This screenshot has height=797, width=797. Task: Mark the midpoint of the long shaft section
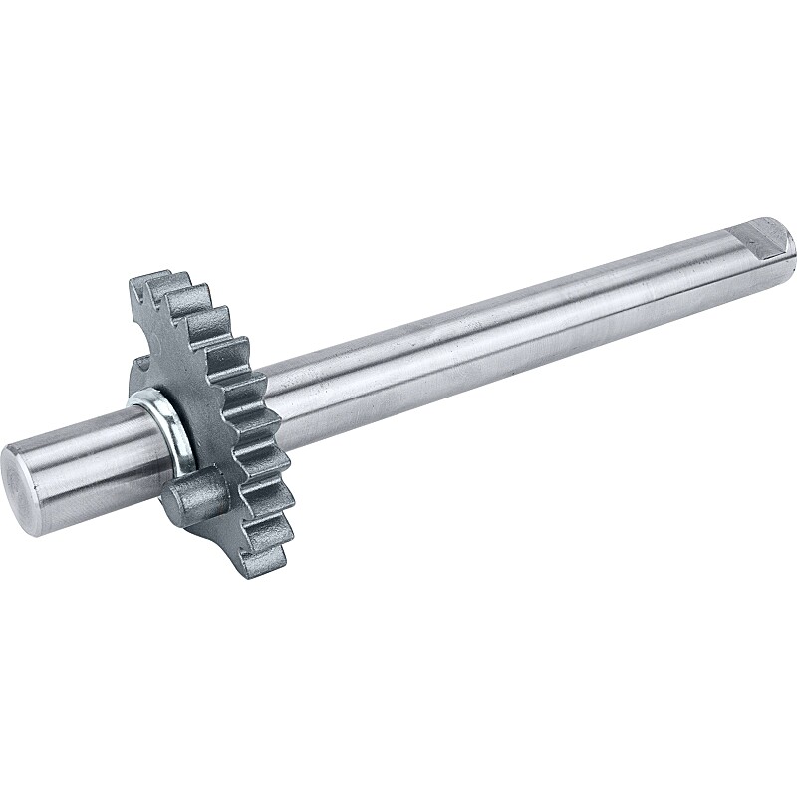(498, 319)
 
